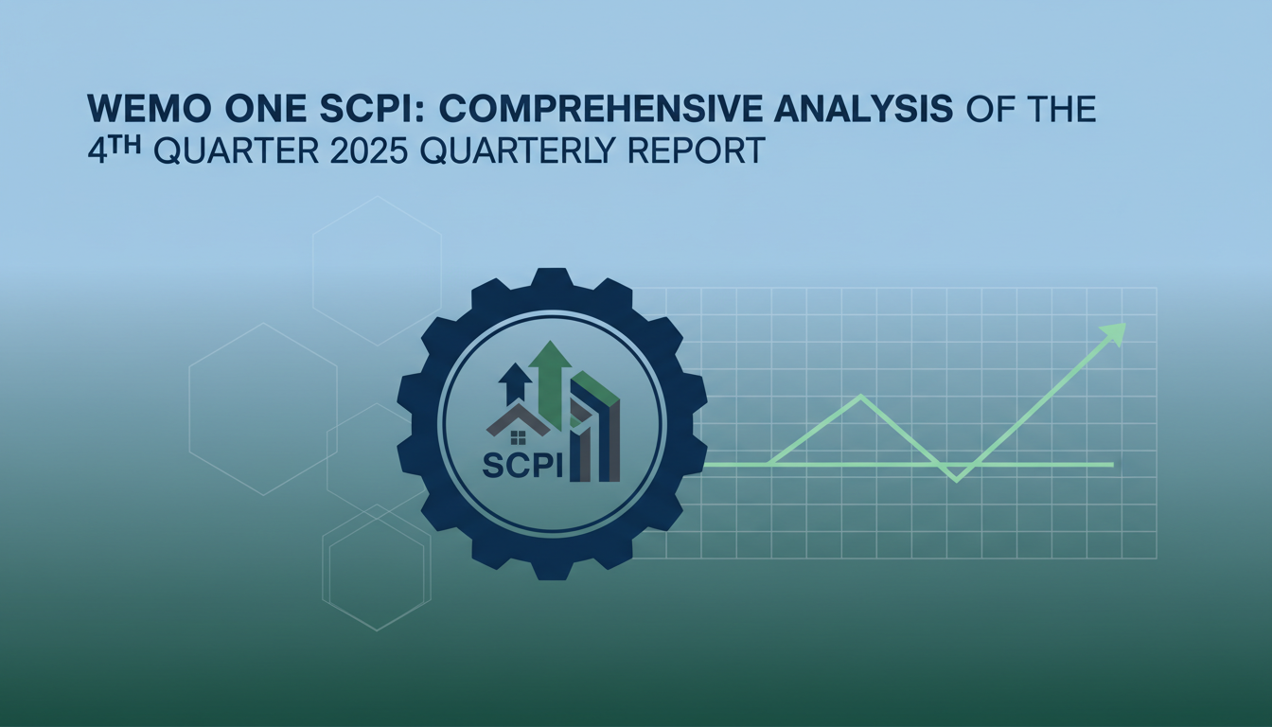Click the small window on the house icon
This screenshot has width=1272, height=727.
pyautogui.click(x=518, y=436)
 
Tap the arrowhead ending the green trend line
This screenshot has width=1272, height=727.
pyautogui.click(x=1114, y=333)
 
